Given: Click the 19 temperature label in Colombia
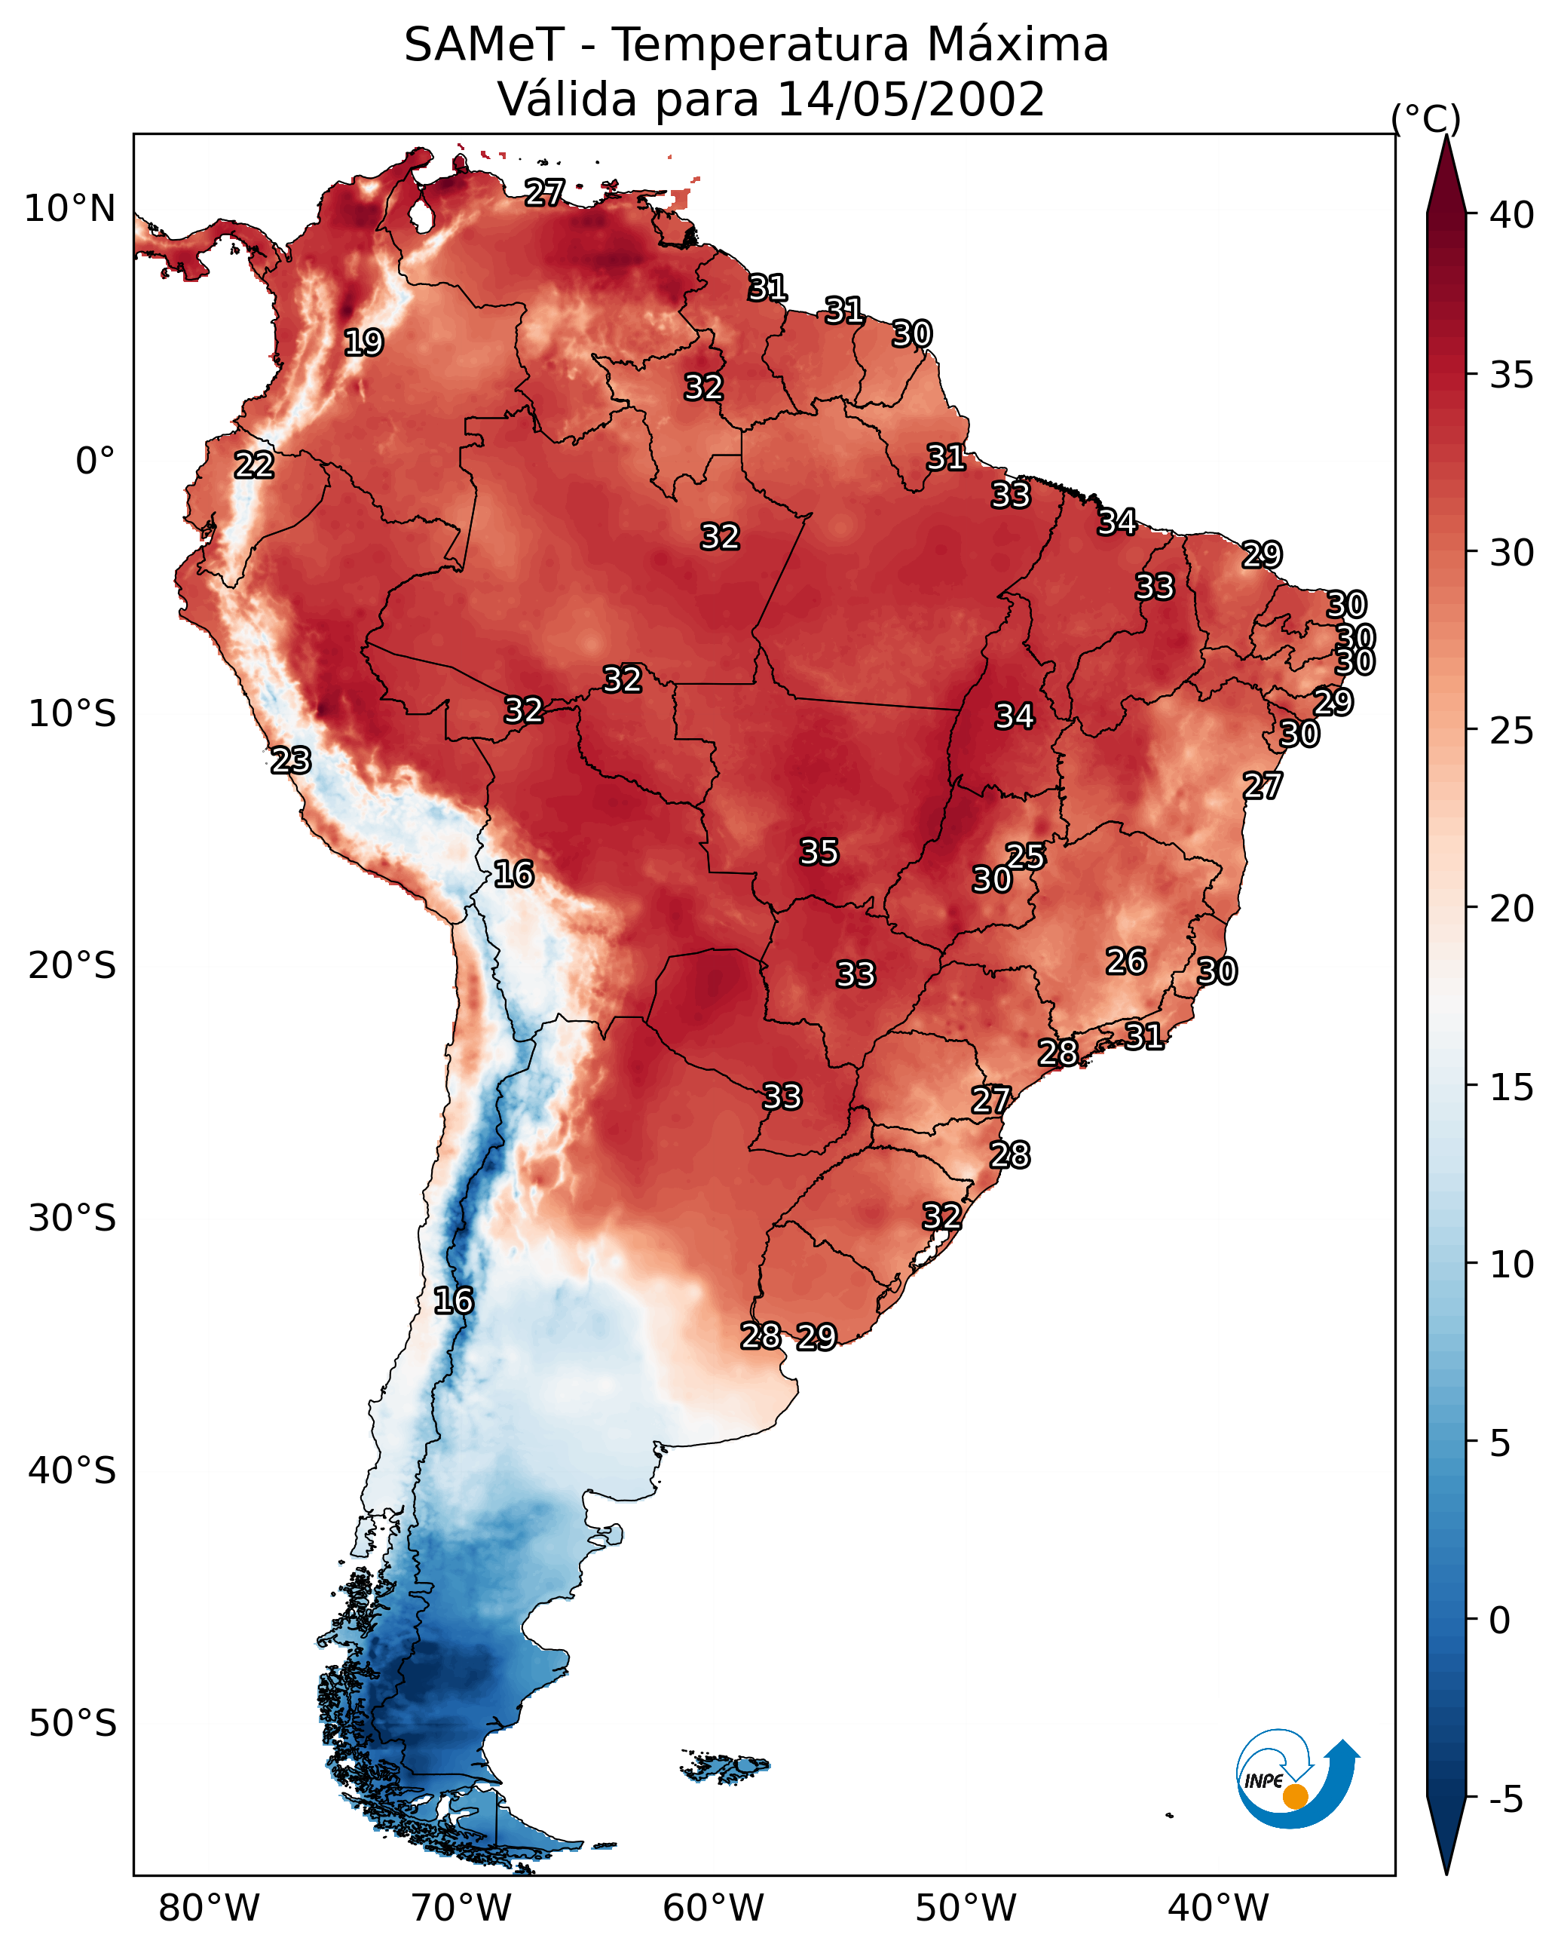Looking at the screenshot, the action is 363,343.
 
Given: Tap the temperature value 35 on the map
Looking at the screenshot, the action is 819,852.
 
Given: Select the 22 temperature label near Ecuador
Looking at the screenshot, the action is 254,465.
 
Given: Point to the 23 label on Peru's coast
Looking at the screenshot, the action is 291,761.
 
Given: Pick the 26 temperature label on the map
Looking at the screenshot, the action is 1126,961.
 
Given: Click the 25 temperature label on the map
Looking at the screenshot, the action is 1025,856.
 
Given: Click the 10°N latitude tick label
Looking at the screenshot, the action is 69,209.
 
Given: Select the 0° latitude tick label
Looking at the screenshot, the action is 96,461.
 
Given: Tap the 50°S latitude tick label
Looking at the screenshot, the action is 72,1724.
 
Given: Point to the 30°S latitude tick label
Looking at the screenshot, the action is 72,1219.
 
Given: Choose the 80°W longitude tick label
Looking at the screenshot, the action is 209,1908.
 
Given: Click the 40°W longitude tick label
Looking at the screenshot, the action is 1218,1908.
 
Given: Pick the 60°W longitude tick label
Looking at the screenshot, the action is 714,1908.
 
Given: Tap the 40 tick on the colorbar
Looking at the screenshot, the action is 1512,215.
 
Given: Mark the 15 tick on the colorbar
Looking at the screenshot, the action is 1512,1087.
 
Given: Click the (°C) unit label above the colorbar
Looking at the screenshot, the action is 1426,118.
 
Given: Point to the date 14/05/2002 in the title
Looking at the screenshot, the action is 911,100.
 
